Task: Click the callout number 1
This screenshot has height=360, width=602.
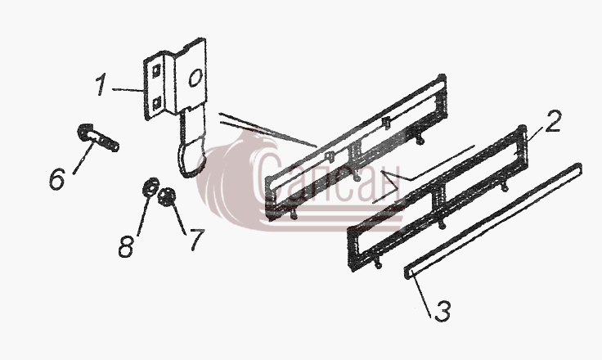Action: point(101,85)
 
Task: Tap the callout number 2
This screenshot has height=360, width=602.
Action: point(553,121)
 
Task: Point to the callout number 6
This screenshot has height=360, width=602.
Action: point(57,178)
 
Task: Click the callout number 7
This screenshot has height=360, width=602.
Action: point(197,240)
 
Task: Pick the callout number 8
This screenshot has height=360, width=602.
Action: point(126,246)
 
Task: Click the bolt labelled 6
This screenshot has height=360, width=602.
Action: point(98,137)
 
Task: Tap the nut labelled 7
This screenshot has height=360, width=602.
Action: point(167,197)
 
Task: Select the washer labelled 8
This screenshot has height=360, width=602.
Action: point(150,187)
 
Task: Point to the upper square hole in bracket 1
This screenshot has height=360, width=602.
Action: point(156,71)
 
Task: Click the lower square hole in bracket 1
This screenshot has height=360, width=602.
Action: point(157,104)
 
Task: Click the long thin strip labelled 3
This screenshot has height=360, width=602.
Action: point(493,221)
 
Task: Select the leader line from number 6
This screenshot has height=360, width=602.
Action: point(83,158)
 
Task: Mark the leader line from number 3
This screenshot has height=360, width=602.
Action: point(421,295)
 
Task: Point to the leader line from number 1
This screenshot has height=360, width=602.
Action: point(128,90)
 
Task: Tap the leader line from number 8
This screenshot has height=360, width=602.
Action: point(143,214)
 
